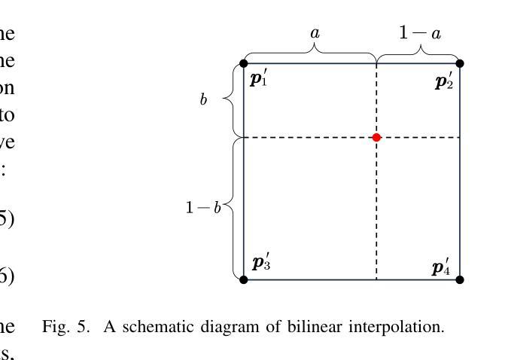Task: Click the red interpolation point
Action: click(376, 137)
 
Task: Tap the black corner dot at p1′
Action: click(244, 63)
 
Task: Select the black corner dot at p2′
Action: click(460, 63)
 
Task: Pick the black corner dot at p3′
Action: click(244, 279)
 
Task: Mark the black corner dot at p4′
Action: click(460, 279)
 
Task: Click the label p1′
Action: click(258, 78)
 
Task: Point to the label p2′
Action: click(444, 81)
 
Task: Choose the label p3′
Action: click(261, 263)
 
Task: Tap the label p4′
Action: click(441, 267)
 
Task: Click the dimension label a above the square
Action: click(315, 33)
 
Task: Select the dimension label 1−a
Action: click(419, 33)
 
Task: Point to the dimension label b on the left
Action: click(203, 100)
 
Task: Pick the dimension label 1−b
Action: click(203, 207)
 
